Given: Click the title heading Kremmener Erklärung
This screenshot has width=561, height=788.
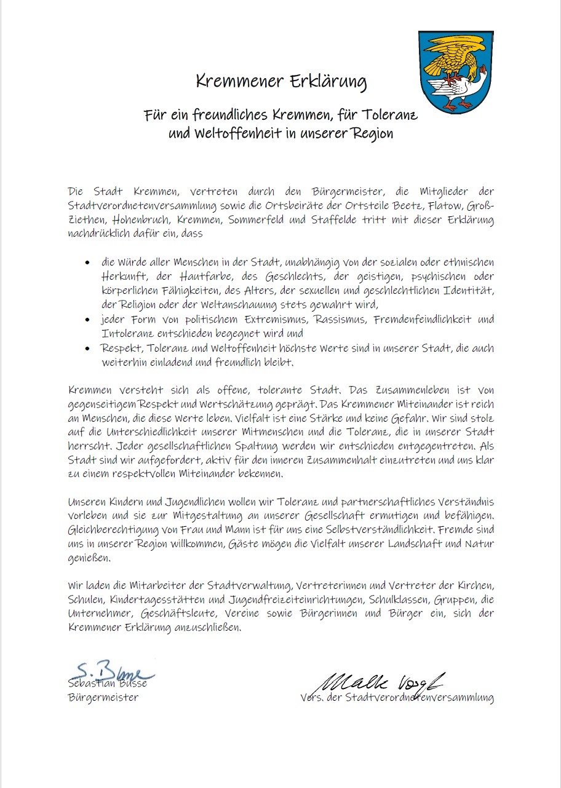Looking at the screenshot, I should (x=280, y=81).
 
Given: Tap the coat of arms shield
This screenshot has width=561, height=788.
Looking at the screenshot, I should (x=456, y=72).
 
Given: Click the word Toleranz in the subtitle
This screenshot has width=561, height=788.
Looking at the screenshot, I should (x=391, y=115).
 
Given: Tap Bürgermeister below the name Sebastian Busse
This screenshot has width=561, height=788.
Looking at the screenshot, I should (x=103, y=698).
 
